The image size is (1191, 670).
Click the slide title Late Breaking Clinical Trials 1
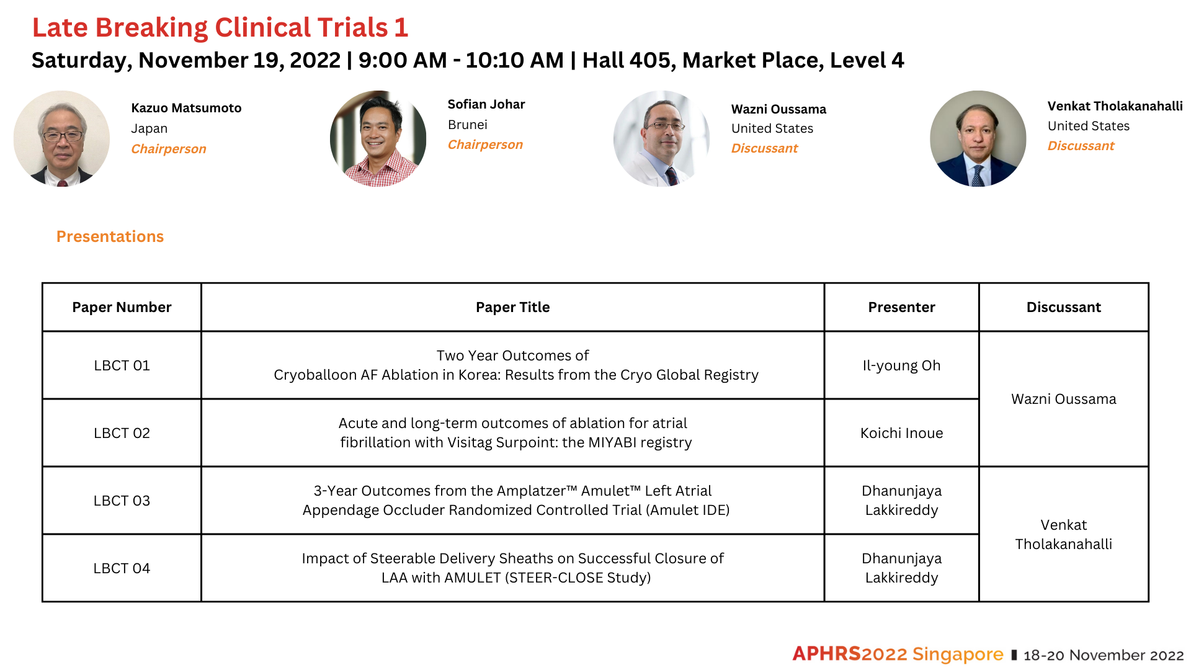[x=220, y=28]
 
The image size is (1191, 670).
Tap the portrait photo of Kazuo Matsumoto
[x=61, y=138]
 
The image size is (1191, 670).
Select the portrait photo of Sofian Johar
[x=378, y=138]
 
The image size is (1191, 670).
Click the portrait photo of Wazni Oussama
[x=661, y=138]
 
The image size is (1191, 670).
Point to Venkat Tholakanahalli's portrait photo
[x=978, y=138]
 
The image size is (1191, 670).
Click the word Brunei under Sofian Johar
[x=468, y=125]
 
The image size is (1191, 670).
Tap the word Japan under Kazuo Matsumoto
[x=149, y=128]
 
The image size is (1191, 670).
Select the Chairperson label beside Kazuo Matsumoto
[x=169, y=149]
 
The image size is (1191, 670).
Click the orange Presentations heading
[x=110, y=236]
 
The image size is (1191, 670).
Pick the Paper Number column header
[x=122, y=307]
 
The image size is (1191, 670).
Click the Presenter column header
[x=901, y=307]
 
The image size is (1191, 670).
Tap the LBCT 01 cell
[x=122, y=365]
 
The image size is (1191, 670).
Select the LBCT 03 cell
[x=122, y=501]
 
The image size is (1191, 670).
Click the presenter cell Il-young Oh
[x=901, y=365]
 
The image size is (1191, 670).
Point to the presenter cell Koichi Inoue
[x=901, y=433]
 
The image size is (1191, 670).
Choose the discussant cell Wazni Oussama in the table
[x=1063, y=399]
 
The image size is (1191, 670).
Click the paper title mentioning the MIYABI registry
[x=515, y=432]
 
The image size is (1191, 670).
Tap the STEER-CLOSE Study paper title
[x=513, y=568]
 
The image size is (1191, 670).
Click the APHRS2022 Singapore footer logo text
[x=898, y=654]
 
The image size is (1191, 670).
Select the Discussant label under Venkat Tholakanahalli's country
[x=1081, y=146]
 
